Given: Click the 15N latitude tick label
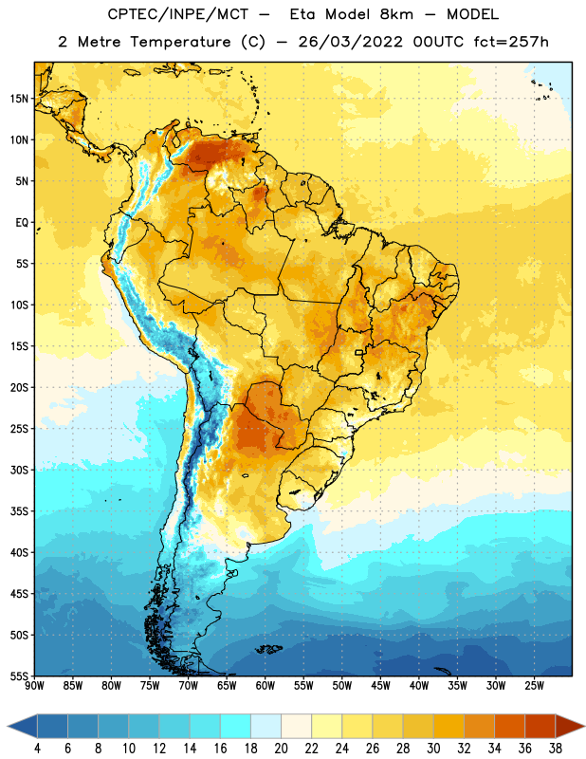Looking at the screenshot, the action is point(19,99).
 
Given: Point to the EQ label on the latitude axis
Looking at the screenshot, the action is point(22,223).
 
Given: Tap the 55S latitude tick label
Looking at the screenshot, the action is point(19,676).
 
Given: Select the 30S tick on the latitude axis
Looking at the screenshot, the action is point(19,470).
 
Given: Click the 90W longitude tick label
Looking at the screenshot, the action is point(34,686).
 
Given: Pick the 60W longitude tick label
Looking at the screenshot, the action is point(266,686).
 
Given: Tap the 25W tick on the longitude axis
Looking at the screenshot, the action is point(534,686).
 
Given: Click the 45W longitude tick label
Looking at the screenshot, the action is point(380,686).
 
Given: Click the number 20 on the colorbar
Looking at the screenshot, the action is point(281,749).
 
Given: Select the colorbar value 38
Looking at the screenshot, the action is point(556,749).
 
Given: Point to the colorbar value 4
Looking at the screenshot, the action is point(37,749).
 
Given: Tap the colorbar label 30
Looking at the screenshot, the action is point(433,749).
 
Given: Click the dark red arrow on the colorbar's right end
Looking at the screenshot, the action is point(568,726).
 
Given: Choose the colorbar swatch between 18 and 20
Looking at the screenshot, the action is point(266,726).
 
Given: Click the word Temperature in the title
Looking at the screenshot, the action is point(180,42).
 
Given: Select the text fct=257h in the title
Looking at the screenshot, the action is point(511,42).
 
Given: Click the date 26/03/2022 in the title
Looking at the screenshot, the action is point(350,42).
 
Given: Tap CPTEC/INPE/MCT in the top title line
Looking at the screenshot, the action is point(177,14).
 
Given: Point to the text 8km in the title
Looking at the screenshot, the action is point(396,14).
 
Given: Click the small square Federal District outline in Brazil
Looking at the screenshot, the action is point(359,352).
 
